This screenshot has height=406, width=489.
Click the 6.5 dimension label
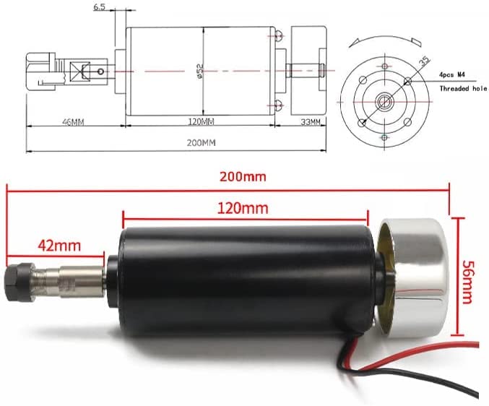tap(99, 7)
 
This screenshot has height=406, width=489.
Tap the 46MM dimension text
tap(73, 122)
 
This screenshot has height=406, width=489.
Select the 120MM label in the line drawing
tap(201, 121)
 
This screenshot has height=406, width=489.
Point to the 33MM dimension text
tap(311, 122)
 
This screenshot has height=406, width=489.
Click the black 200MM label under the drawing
tap(201, 143)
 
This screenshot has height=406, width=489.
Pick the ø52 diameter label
tap(200, 71)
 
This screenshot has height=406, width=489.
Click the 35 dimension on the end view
tap(424, 61)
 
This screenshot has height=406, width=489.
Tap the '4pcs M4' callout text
tap(452, 75)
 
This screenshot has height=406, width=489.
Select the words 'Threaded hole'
tap(463, 89)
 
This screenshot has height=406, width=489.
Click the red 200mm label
tap(243, 177)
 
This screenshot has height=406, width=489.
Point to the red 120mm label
tap(243, 208)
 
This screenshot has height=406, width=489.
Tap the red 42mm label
tap(59, 246)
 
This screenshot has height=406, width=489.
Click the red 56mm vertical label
tap(467, 282)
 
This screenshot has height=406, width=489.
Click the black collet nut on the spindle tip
tap(20, 279)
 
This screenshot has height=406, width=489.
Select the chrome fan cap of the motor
tap(412, 278)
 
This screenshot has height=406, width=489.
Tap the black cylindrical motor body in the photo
tap(246, 282)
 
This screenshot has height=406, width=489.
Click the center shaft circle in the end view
tap(384, 101)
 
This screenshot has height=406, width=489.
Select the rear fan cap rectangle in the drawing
tap(309, 71)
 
